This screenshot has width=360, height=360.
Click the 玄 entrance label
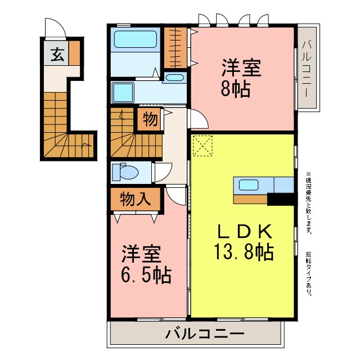point(57,54)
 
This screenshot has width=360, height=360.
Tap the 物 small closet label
point(150,120)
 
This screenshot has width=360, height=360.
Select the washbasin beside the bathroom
point(176,78)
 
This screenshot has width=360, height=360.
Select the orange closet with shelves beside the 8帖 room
point(178,47)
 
